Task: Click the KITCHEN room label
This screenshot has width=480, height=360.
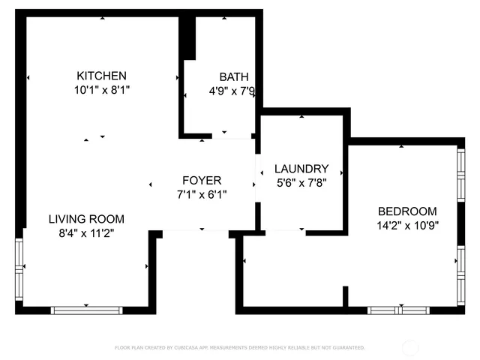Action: coord(102,76)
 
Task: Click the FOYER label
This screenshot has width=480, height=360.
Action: coord(202,181)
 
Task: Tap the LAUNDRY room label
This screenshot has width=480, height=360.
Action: coord(301,169)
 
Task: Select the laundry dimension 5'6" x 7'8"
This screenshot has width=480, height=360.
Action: coord(300,182)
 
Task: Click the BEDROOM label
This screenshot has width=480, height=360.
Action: coord(407,211)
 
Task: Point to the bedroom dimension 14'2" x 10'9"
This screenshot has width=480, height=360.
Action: coord(407,225)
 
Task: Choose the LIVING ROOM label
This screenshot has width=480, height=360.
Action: coord(86,219)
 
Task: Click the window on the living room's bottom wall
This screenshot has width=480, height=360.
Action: coord(86,310)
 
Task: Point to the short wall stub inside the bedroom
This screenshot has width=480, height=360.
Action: coord(345,296)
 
